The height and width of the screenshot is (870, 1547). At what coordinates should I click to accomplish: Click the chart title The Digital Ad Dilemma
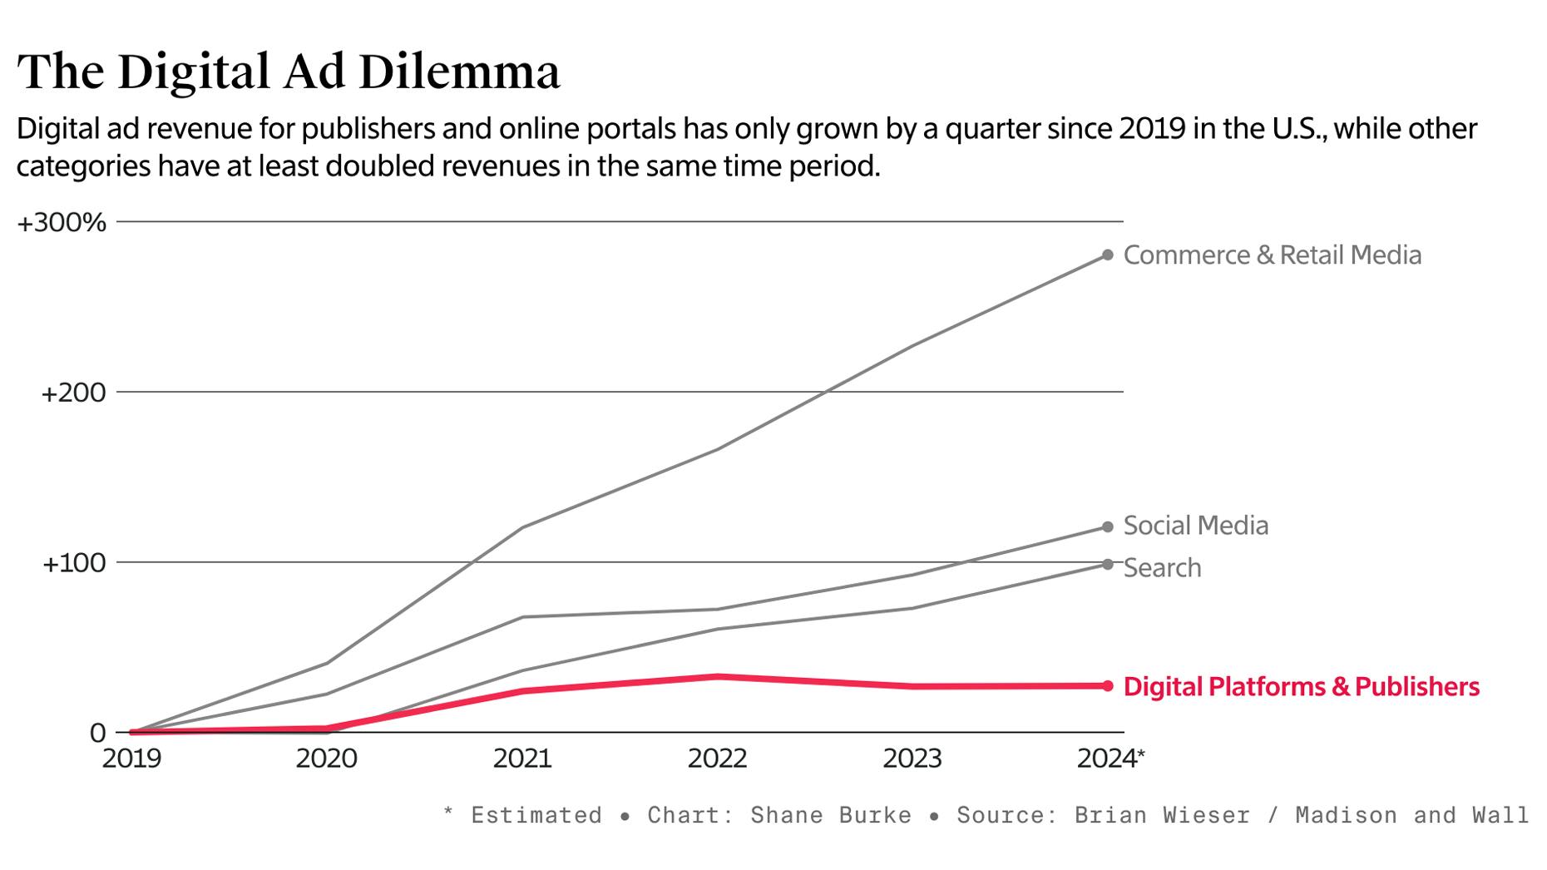click(x=288, y=72)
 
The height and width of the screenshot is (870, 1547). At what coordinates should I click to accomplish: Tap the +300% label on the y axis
click(x=62, y=223)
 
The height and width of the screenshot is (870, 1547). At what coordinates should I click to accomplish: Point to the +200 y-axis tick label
click(x=73, y=393)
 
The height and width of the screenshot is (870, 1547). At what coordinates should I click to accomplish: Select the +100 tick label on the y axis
click(x=73, y=563)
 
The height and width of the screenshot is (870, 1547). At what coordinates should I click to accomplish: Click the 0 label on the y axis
click(x=97, y=733)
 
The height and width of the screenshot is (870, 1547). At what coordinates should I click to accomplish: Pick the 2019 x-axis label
click(x=131, y=759)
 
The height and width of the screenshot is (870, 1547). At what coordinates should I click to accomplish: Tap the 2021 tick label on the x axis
click(x=522, y=759)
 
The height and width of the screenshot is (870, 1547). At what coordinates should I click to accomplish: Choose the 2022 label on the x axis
click(x=717, y=759)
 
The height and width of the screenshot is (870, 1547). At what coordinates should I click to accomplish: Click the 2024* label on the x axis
click(x=1110, y=759)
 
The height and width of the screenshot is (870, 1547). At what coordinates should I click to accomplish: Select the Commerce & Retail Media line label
click(x=1272, y=255)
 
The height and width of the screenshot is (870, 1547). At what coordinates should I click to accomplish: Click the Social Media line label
click(x=1195, y=526)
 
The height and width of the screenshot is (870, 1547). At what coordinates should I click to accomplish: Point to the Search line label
click(x=1162, y=568)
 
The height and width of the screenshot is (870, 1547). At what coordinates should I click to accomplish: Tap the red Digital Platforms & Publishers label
click(x=1301, y=687)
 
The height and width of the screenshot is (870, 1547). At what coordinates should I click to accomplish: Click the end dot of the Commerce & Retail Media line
click(x=1107, y=255)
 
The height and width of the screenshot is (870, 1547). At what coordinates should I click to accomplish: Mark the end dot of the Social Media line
click(x=1107, y=527)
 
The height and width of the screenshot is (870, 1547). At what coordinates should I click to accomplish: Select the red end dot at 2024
click(x=1107, y=686)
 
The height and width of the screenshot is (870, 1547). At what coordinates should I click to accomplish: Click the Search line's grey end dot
click(x=1107, y=565)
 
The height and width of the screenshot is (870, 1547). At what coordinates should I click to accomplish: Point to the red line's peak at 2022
click(x=717, y=677)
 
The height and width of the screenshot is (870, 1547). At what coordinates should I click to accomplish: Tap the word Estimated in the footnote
click(x=536, y=815)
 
